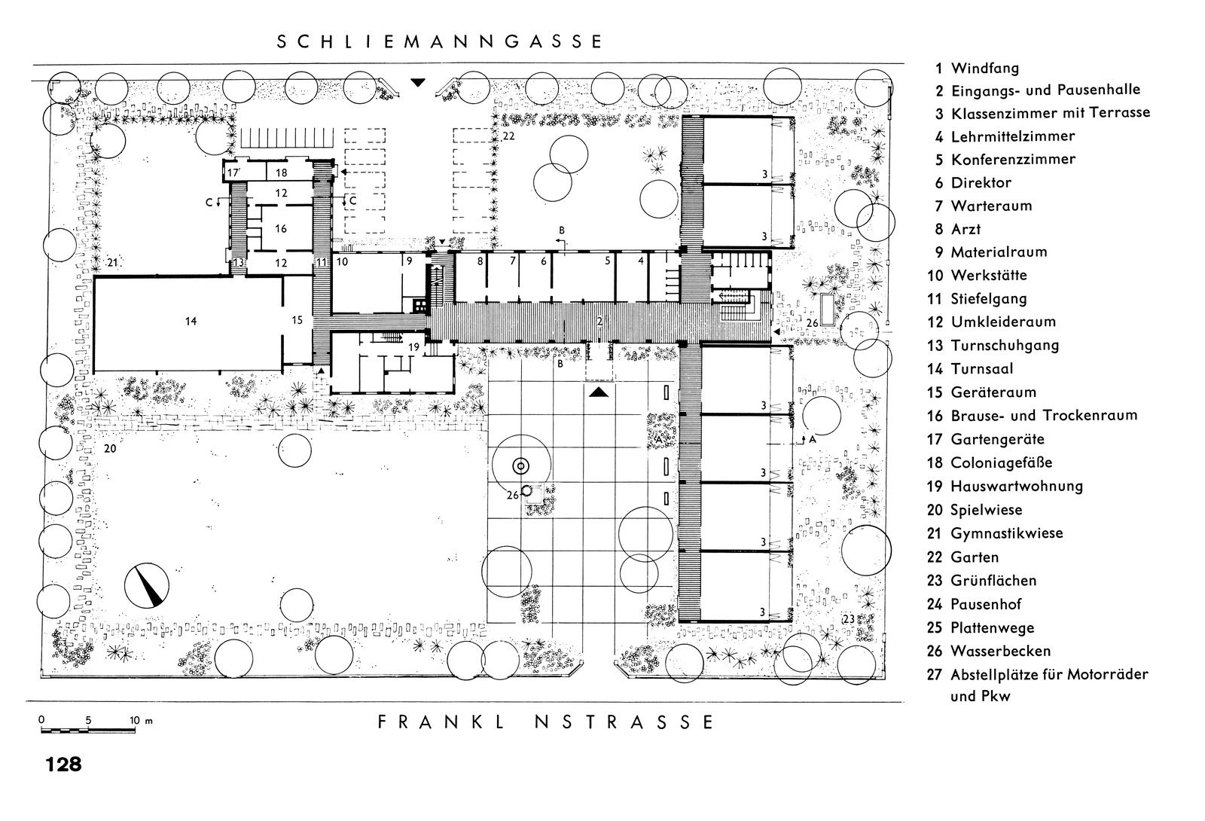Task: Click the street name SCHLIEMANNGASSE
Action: tap(440, 42)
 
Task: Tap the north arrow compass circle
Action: tap(146, 585)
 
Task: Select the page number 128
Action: tap(63, 765)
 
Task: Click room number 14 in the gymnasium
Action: tap(191, 321)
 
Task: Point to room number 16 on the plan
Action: tap(281, 229)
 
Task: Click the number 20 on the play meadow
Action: tap(110, 448)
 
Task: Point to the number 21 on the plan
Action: tap(112, 263)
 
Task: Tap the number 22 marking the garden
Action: tap(508, 136)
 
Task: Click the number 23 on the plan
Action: tap(848, 618)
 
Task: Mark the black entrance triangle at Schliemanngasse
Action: tap(418, 82)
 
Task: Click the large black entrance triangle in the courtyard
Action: tap(598, 392)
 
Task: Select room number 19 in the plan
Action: tap(413, 347)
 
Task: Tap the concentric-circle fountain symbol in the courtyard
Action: tap(520, 466)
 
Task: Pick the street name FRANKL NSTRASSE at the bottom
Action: tap(546, 722)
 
